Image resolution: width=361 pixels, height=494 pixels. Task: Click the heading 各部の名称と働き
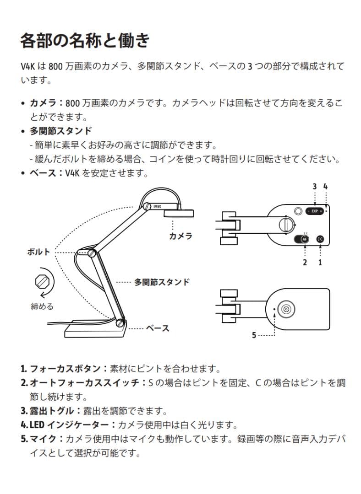click(x=85, y=41)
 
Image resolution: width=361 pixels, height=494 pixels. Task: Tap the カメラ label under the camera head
click(x=180, y=236)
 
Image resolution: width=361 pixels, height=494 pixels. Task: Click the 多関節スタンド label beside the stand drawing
click(x=162, y=282)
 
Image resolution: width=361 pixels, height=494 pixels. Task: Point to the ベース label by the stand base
click(x=158, y=328)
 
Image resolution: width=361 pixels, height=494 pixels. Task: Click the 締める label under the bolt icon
click(x=42, y=306)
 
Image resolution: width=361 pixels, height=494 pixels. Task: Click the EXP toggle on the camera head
click(x=315, y=211)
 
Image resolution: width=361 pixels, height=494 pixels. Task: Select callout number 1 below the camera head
click(x=320, y=262)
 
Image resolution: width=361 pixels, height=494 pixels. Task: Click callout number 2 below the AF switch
click(x=305, y=262)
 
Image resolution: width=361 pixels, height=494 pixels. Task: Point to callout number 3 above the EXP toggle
click(x=315, y=186)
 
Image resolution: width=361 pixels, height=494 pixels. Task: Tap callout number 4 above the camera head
click(x=325, y=186)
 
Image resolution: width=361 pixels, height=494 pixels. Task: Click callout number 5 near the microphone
click(x=254, y=335)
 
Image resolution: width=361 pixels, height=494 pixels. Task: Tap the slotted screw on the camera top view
click(x=285, y=225)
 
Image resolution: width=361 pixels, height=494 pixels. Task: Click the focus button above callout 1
click(x=320, y=239)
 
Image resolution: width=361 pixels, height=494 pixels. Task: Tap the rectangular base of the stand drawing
click(x=93, y=331)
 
